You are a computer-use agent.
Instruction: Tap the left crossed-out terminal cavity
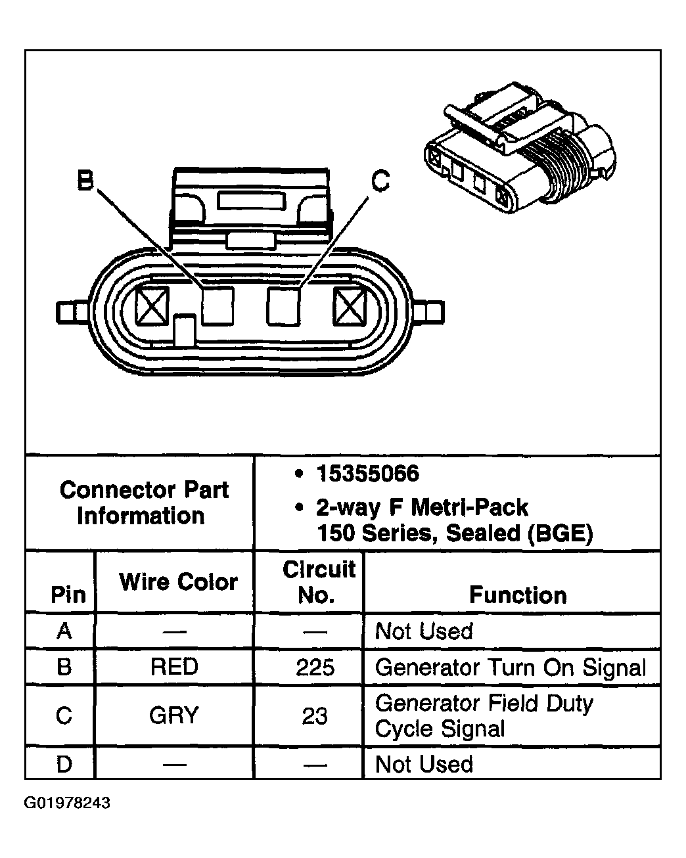(152, 306)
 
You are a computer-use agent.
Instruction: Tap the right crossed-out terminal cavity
(350, 306)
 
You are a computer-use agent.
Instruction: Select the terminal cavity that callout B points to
(217, 306)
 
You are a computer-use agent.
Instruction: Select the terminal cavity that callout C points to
(283, 306)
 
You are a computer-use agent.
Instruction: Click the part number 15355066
(367, 474)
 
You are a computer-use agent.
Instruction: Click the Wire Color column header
(178, 582)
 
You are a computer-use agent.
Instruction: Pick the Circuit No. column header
(319, 582)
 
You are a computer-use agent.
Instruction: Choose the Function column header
(518, 595)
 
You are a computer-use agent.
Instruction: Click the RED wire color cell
(174, 667)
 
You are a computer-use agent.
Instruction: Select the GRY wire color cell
(174, 715)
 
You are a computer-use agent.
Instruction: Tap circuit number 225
(315, 667)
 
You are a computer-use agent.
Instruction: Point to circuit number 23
(315, 715)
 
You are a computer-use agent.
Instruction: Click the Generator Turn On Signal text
(511, 667)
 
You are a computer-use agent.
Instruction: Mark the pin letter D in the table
(64, 764)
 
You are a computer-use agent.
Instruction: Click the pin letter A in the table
(64, 631)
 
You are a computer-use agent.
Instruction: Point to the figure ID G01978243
(67, 803)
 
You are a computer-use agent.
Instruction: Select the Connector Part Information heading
(143, 503)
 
